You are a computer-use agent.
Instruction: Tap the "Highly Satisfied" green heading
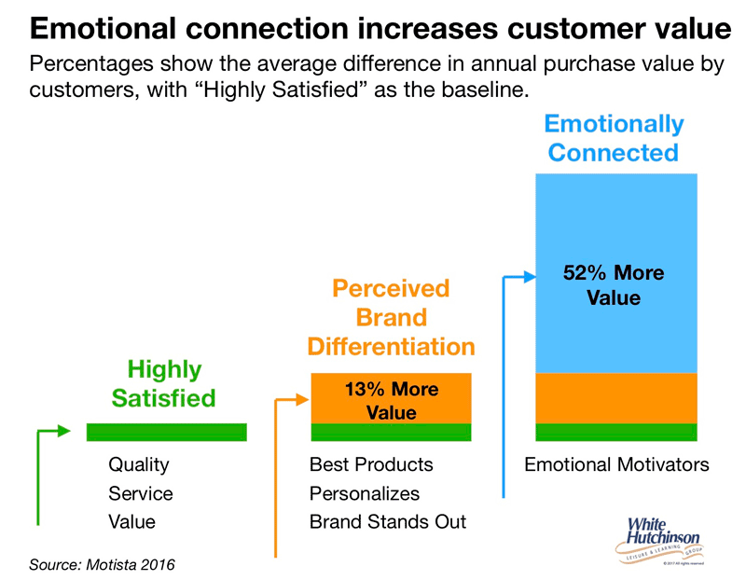pos(164,383)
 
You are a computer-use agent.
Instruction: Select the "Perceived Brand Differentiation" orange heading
pos(392,317)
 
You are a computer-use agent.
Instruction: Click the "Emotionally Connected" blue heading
pos(614,138)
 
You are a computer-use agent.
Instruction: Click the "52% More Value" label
pos(614,285)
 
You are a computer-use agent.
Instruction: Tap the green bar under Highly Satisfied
pos(166,432)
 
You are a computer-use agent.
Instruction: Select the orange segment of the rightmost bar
pos(615,397)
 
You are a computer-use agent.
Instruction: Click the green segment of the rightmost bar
pos(615,432)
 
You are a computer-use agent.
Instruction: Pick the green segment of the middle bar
pos(391,432)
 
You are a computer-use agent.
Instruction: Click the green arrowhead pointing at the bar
pos(62,431)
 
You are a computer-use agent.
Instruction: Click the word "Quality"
pos(139,464)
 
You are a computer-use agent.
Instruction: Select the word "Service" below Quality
pos(141,493)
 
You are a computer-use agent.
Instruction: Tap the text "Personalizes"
pos(365,493)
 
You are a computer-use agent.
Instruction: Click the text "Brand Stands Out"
pos(388,521)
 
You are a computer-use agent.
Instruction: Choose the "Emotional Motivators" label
pos(616,464)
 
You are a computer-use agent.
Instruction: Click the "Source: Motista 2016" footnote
pos(102,564)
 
